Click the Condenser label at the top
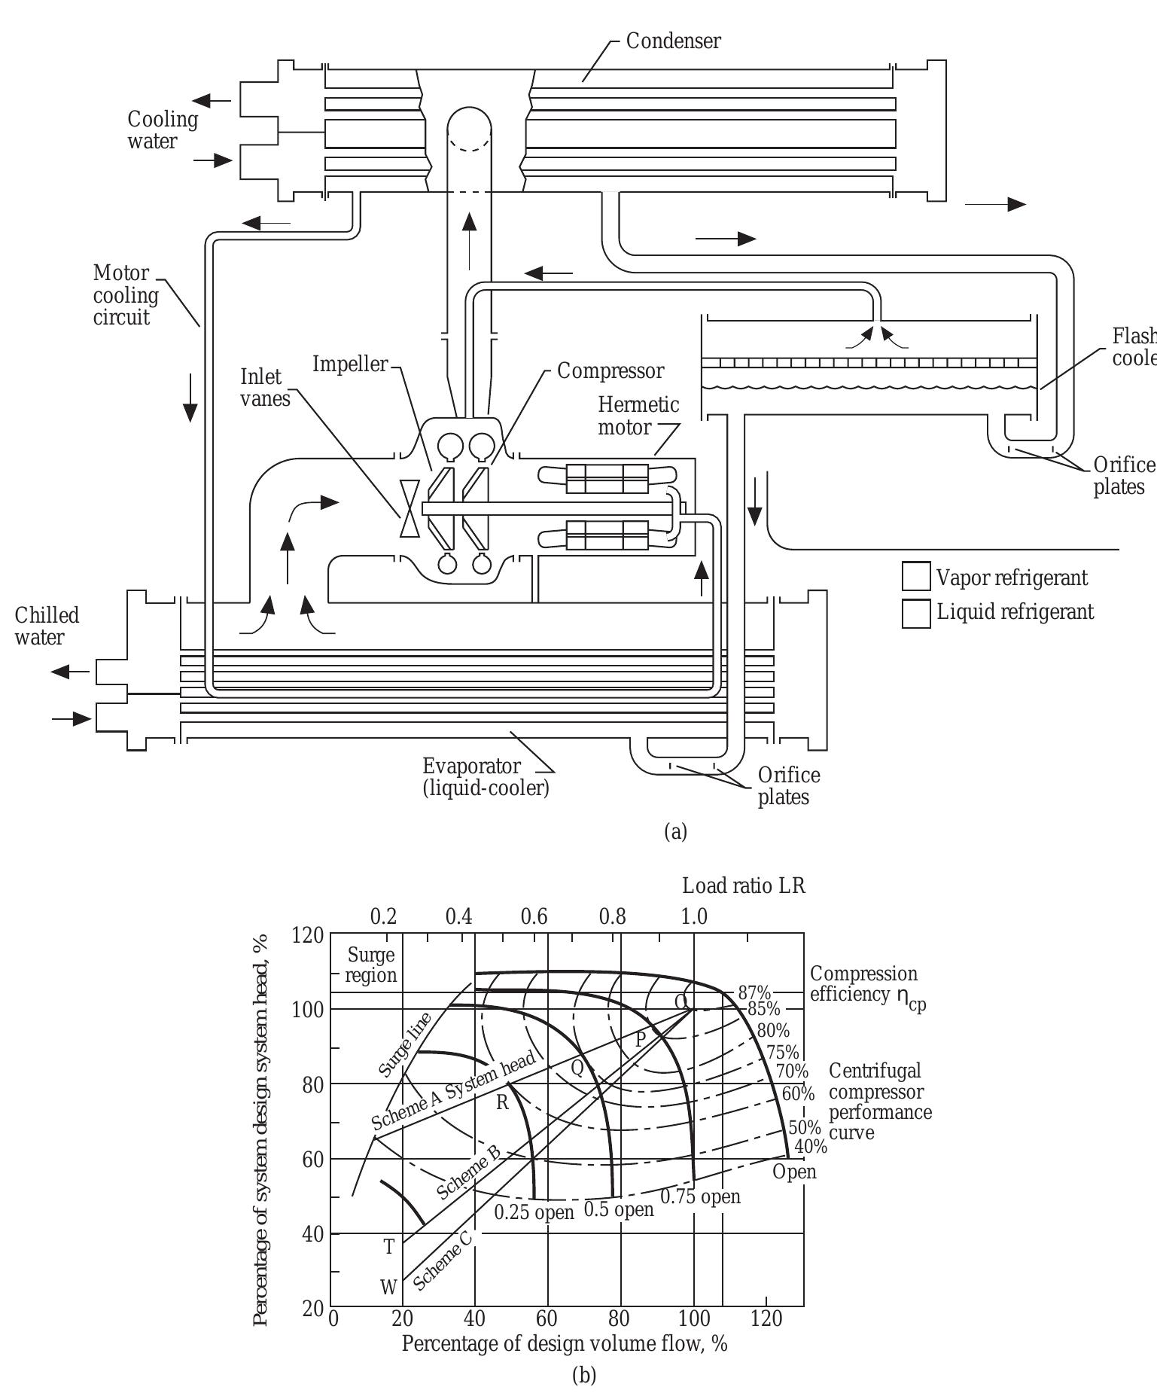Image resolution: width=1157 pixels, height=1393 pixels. (x=673, y=41)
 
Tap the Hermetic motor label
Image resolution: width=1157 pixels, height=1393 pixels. (x=638, y=416)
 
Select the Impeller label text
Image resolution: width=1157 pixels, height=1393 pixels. (x=350, y=364)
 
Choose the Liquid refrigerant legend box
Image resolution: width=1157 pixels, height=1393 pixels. (x=916, y=612)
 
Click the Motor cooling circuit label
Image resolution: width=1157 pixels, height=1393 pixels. (x=125, y=295)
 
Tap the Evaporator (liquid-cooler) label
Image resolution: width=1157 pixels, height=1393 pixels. (x=486, y=778)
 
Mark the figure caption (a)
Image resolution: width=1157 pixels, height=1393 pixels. (x=675, y=831)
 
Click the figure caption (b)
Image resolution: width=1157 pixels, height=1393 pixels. (x=583, y=1376)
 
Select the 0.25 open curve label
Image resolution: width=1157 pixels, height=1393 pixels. (x=534, y=1212)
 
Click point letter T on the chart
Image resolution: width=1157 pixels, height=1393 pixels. (x=389, y=1247)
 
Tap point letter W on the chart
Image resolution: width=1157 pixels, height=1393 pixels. (x=388, y=1288)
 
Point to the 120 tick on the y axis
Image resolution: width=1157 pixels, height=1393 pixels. (x=307, y=936)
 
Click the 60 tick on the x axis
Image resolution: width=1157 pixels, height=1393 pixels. (x=547, y=1319)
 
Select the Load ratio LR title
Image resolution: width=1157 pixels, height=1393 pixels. (x=743, y=885)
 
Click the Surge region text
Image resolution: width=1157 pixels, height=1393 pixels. (x=371, y=965)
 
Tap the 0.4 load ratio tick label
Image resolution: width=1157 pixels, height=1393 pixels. (x=458, y=917)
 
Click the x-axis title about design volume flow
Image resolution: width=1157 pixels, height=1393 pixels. (x=565, y=1344)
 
